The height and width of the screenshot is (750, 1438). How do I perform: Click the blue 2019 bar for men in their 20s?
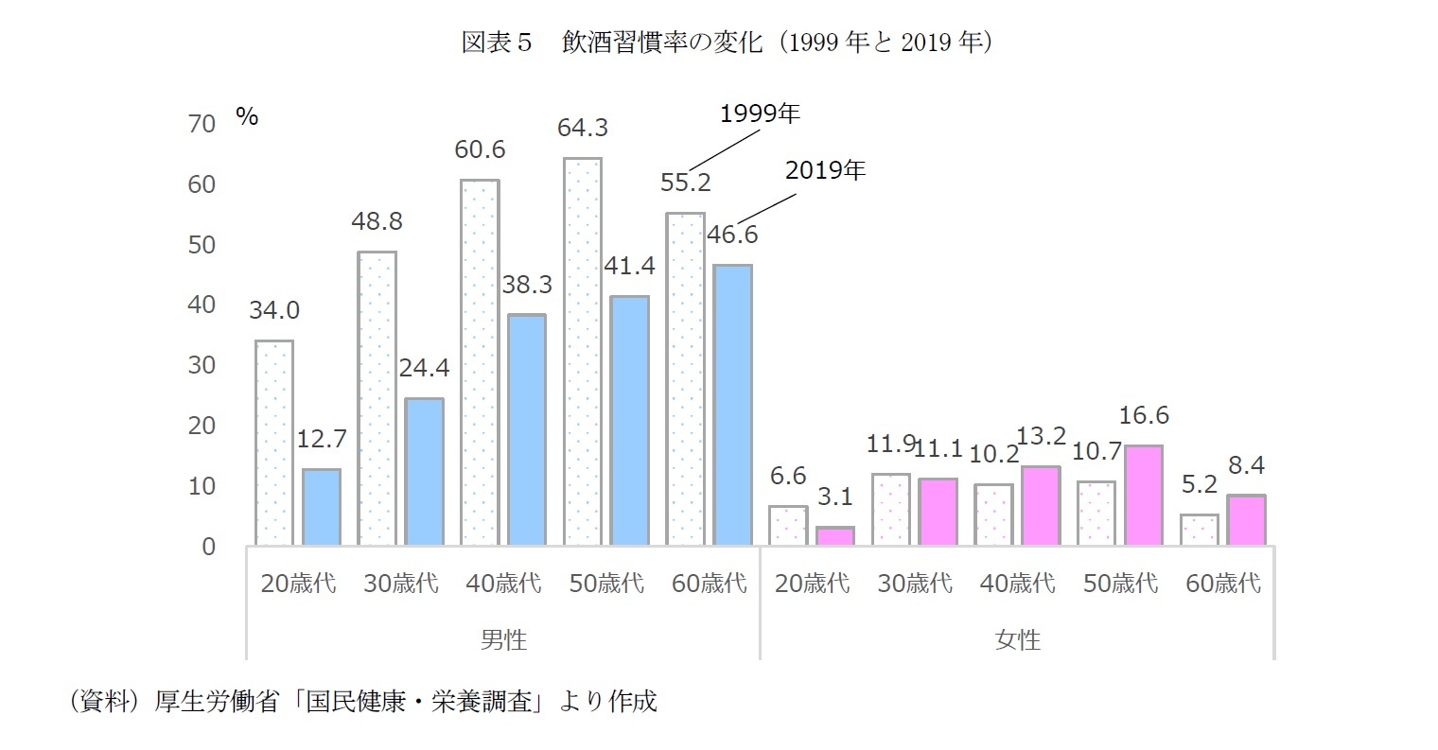pos(322,507)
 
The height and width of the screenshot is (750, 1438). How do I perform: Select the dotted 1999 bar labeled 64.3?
pos(583,352)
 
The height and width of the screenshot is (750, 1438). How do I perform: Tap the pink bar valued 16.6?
pos(1144,495)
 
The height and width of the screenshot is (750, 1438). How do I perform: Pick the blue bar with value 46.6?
pos(732,405)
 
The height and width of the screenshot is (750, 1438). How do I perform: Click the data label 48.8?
pos(377,221)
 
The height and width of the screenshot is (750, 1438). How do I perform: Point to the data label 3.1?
pos(836,496)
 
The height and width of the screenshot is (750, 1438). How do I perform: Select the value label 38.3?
pos(526,284)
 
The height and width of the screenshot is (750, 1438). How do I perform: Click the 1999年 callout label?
pos(760,114)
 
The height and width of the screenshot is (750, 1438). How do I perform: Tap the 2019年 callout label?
pos(825,171)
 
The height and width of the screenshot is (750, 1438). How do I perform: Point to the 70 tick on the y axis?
pos(202,124)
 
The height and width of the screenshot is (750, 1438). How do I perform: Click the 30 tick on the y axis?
pos(202,365)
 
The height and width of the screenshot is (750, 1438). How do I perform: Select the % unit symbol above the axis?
pos(247,116)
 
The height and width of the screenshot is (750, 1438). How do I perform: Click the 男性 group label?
pos(503,640)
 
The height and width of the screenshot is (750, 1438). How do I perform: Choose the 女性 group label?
pos(1018,640)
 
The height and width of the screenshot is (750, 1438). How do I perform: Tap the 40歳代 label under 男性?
pos(503,584)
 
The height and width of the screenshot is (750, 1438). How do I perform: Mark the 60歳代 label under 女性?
pos(1223,584)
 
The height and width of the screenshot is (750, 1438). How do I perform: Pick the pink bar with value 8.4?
pos(1247,520)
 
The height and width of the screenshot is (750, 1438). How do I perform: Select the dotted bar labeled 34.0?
pos(274,443)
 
